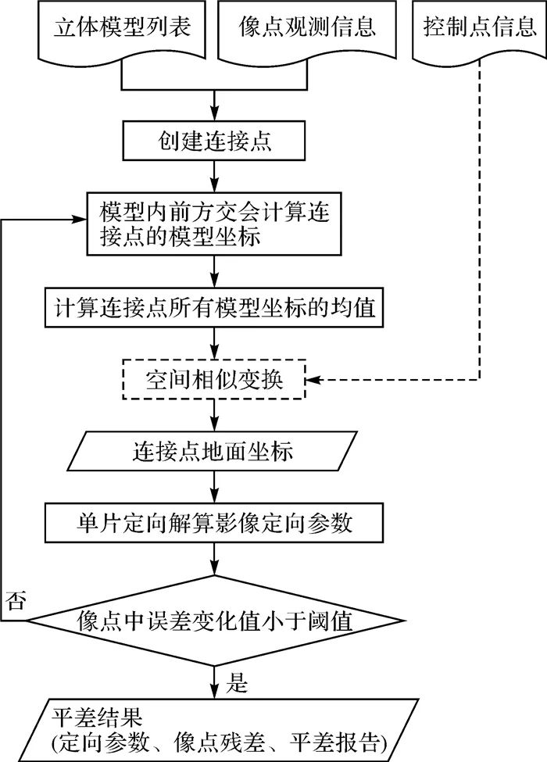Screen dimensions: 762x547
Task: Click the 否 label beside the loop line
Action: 15,601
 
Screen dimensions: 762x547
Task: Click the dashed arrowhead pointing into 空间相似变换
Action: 315,381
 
